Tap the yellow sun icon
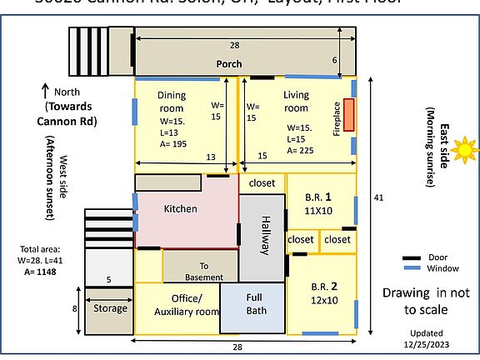tap(464, 150)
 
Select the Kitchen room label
tap(180, 208)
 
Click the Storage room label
tap(110, 308)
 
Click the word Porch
tap(229, 64)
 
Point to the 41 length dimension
tap(378, 197)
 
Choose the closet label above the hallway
tap(262, 182)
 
